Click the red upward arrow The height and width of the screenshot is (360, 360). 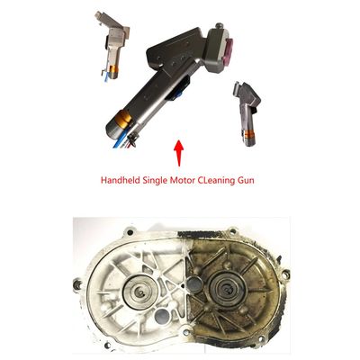click(179, 153)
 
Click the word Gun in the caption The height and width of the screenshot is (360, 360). click(246, 181)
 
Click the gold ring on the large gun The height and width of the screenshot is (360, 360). click(125, 118)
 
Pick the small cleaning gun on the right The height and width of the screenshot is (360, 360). click(247, 113)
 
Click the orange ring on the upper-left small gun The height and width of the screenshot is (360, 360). click(113, 69)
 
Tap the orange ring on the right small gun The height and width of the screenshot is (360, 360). click(250, 134)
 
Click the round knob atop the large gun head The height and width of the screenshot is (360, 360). click(220, 25)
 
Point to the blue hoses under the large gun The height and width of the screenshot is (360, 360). click(120, 140)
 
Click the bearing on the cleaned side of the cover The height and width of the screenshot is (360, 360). click(140, 290)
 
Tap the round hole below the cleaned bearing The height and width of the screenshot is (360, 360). click(162, 316)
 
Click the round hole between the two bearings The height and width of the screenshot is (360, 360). click(193, 284)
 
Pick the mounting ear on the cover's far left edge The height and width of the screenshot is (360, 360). click(78, 284)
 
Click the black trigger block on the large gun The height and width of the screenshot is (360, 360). click(179, 89)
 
